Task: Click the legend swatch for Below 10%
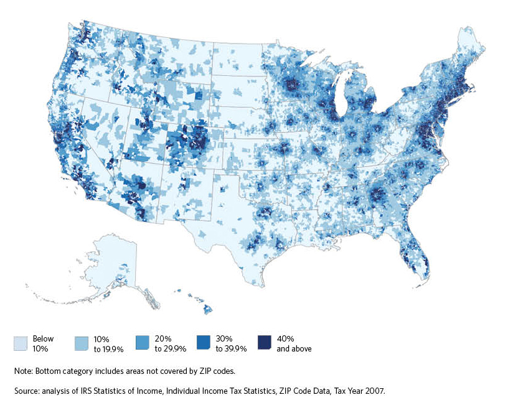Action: click(21, 342)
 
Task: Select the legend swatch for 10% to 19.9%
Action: click(82, 342)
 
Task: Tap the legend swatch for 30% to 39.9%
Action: click(204, 342)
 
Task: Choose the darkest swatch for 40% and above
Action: click(264, 342)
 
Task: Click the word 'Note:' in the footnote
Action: click(23, 371)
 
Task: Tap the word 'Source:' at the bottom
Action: click(27, 391)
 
